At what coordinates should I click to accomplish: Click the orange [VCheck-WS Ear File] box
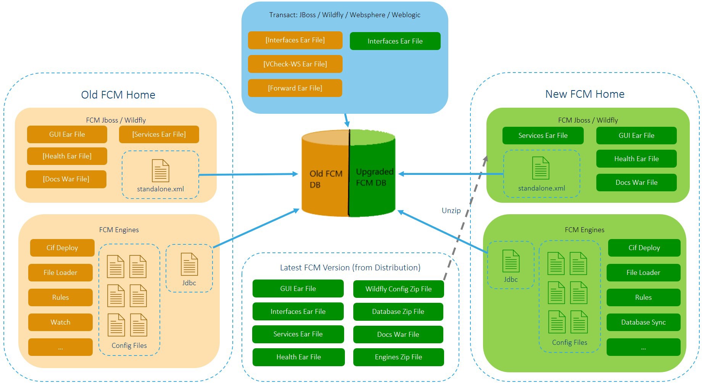tap(295, 64)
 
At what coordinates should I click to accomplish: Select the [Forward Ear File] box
tap(295, 88)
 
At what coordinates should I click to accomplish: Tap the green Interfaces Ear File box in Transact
tap(395, 41)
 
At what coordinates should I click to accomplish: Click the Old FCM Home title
tap(118, 95)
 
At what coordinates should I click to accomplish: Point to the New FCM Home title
tap(585, 94)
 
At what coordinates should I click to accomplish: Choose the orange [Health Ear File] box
tap(67, 156)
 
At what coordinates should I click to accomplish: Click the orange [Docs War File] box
tap(66, 179)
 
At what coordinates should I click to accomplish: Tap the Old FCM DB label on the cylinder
tap(325, 179)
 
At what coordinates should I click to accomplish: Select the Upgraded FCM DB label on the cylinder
tap(374, 177)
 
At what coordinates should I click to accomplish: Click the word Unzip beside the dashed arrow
tap(451, 210)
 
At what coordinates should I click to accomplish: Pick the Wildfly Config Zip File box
tap(398, 289)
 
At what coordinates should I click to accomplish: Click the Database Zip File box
tap(398, 312)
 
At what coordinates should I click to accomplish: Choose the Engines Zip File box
tap(398, 357)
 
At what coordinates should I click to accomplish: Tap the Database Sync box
tap(643, 322)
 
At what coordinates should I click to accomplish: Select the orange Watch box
tap(60, 322)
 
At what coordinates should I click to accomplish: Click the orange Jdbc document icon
tap(189, 264)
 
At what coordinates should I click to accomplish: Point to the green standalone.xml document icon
tap(541, 168)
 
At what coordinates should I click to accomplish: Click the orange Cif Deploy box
tap(62, 248)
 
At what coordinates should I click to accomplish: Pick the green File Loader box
tap(643, 273)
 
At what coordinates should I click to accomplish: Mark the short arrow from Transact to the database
tap(346, 120)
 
